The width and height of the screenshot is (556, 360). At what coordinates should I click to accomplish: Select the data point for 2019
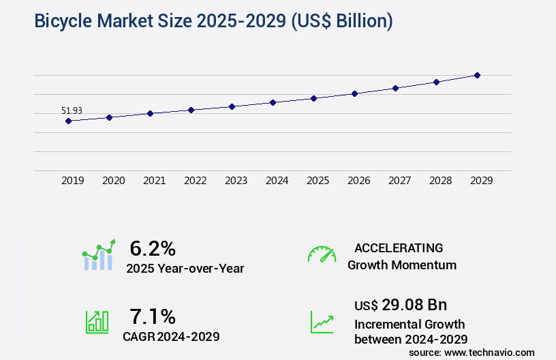pos(68,121)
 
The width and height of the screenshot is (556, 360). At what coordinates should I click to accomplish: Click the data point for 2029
pos(477,75)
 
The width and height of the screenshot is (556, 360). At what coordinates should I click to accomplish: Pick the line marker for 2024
pos(273,102)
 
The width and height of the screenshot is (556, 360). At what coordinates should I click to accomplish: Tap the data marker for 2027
pos(395,88)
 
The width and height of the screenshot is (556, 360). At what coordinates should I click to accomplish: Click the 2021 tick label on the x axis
pos(155,181)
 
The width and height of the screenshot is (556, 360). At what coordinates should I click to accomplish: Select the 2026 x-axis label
pos(359,181)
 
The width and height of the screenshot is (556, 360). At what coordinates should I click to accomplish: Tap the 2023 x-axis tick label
pos(236,181)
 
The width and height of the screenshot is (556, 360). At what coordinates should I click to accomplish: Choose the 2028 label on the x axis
pos(441,181)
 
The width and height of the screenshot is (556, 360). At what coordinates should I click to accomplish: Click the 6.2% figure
pos(153,248)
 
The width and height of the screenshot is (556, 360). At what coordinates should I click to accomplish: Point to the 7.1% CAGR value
pos(153,316)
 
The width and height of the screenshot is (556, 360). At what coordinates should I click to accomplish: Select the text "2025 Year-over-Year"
pos(185,269)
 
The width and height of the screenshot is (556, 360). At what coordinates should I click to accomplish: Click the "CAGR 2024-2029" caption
pos(171,336)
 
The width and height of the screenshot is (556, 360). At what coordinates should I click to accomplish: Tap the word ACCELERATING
pos(399,248)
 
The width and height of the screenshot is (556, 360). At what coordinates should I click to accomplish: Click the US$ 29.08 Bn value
pos(401,305)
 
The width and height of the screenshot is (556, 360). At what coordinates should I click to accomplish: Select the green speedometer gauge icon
pos(322,254)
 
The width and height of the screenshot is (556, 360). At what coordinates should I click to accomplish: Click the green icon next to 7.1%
pos(97,322)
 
